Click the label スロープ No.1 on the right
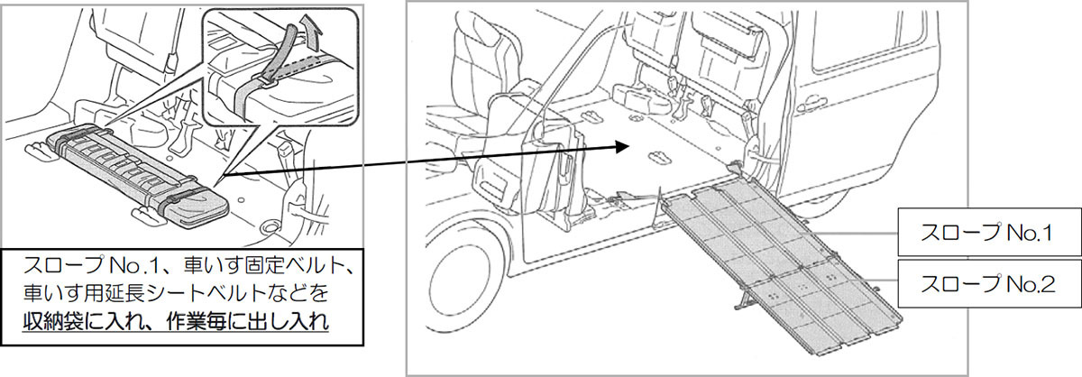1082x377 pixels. tap(986, 233)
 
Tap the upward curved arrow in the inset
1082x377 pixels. tap(310, 32)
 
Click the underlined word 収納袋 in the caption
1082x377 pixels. tap(52, 321)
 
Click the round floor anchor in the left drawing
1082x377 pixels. tap(269, 226)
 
